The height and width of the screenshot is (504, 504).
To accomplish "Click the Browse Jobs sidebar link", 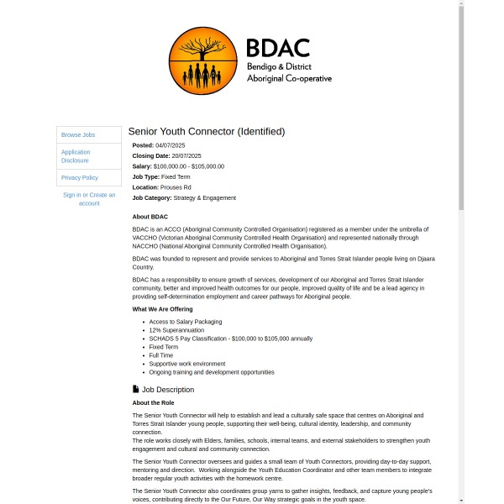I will (x=78, y=134).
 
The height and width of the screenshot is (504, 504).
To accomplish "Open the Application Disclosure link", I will (x=76, y=155).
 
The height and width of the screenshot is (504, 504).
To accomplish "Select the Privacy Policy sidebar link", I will (x=80, y=177).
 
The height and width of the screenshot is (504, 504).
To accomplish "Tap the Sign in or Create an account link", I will (x=89, y=199).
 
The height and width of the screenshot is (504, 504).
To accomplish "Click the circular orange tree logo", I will (x=202, y=60).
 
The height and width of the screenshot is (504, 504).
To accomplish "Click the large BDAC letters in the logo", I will (x=278, y=48).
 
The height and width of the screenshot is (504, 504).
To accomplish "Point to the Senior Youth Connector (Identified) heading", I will (x=207, y=131).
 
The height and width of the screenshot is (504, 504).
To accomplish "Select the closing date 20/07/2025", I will (x=186, y=155).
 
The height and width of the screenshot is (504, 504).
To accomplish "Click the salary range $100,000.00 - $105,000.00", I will (x=189, y=166).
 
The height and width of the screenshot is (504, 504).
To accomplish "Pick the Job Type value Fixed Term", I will (x=176, y=176).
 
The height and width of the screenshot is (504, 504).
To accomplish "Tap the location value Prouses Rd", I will (x=176, y=187).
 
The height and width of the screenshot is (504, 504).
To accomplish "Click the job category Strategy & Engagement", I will (x=205, y=197).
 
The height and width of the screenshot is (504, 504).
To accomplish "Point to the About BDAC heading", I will (x=150, y=217).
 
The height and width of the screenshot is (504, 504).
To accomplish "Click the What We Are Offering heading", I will (x=163, y=309).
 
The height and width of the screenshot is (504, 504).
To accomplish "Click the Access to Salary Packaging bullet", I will (x=186, y=321).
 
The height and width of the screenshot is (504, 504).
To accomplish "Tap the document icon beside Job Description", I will (x=136, y=389).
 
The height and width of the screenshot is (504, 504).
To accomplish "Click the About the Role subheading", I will (x=153, y=402).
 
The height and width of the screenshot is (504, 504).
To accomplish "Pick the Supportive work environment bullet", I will (x=187, y=364).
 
